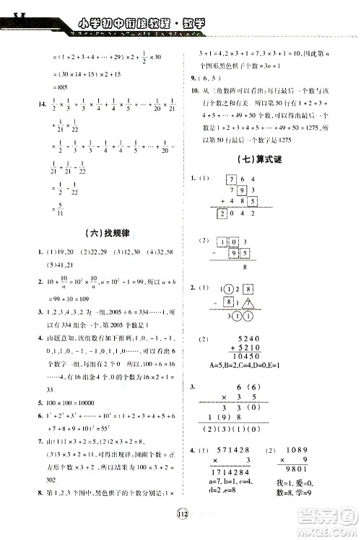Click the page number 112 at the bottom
[x=181, y=514]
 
